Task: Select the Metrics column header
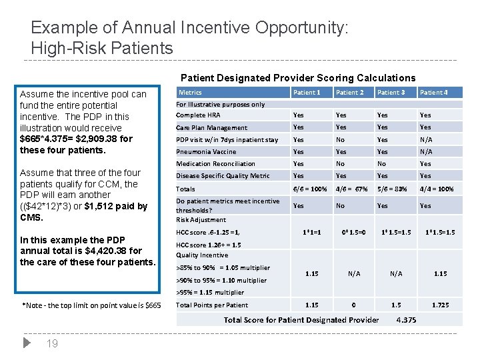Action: [x=191, y=92]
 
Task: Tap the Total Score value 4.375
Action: [x=406, y=320]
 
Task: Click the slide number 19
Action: [x=53, y=344]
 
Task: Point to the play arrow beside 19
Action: [x=27, y=343]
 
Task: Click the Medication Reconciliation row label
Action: [x=215, y=163]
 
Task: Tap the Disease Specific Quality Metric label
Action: [x=223, y=176]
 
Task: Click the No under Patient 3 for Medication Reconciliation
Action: [x=382, y=163]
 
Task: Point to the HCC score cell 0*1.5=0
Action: [x=354, y=232]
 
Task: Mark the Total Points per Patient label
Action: [x=212, y=305]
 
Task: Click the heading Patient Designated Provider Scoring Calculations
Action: [x=297, y=78]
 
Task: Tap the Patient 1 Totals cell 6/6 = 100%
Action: [x=310, y=189]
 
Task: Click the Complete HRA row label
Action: [x=199, y=115]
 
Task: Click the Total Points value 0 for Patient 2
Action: [x=354, y=305]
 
